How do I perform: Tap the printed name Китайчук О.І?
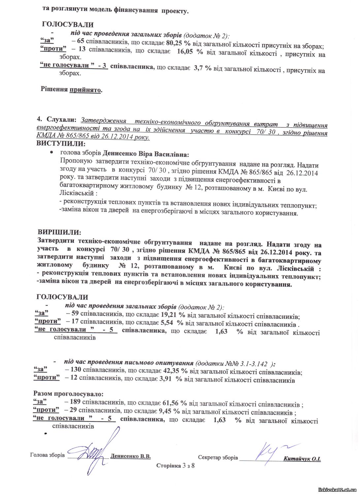tap(302, 459)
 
